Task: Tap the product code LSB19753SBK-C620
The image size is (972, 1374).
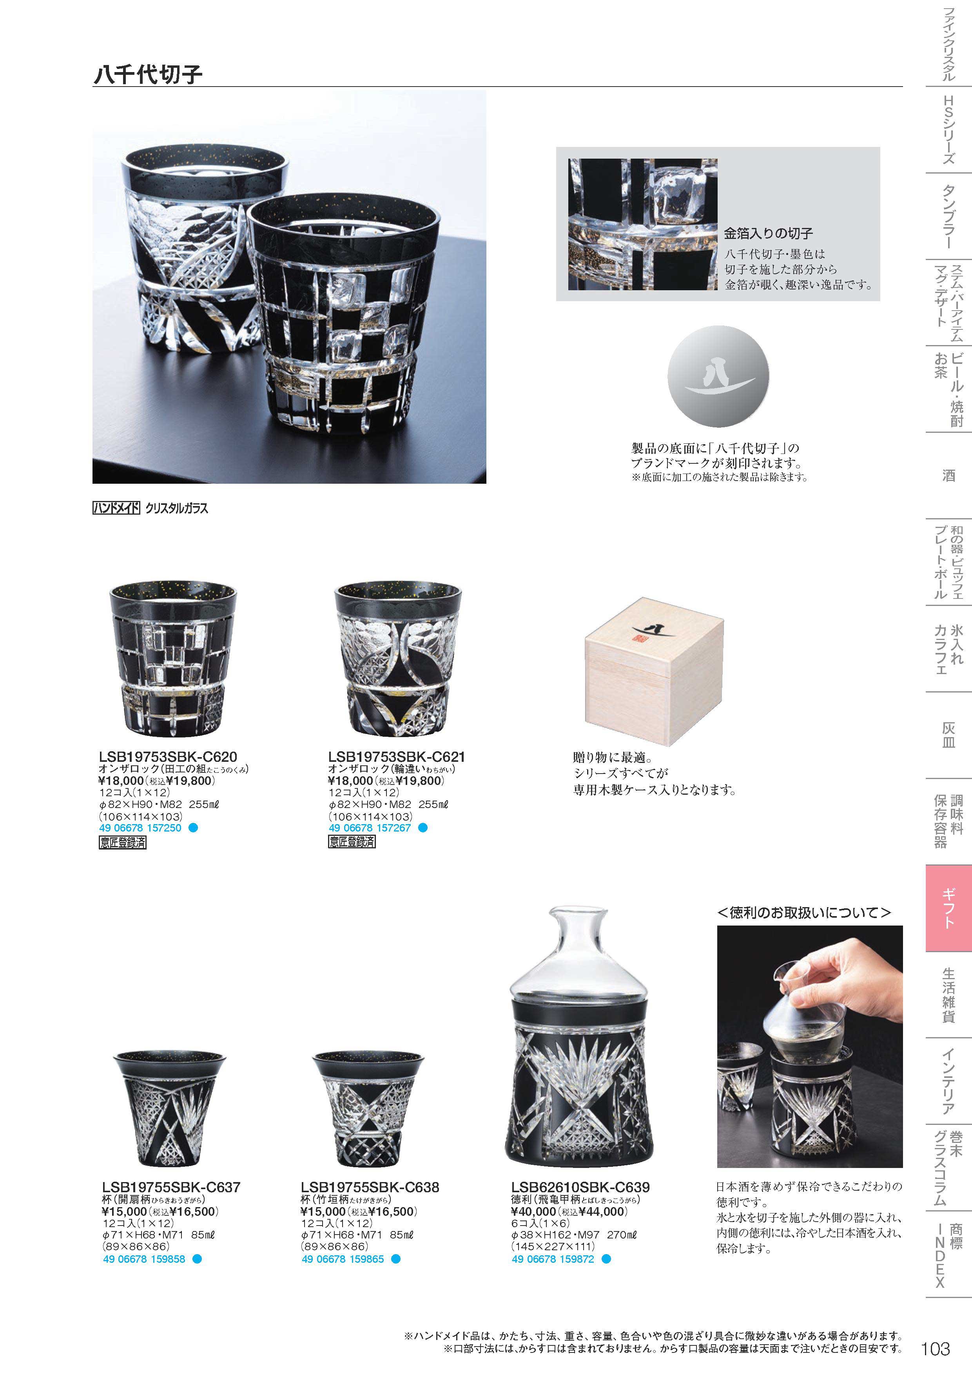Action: click(x=168, y=757)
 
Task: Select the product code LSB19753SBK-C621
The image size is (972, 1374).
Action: click(x=397, y=757)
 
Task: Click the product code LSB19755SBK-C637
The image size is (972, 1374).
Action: click(x=171, y=1187)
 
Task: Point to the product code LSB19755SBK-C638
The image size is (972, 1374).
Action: click(x=370, y=1187)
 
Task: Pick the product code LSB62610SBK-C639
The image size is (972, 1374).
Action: click(x=580, y=1187)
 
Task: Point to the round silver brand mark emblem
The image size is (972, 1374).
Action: click(x=718, y=376)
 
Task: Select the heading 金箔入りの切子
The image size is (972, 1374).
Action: click(x=768, y=233)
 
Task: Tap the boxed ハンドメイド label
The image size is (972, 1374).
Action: click(x=116, y=508)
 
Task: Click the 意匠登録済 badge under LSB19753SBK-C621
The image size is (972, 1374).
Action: click(x=352, y=841)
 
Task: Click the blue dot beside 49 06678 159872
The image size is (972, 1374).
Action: click(x=606, y=1259)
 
